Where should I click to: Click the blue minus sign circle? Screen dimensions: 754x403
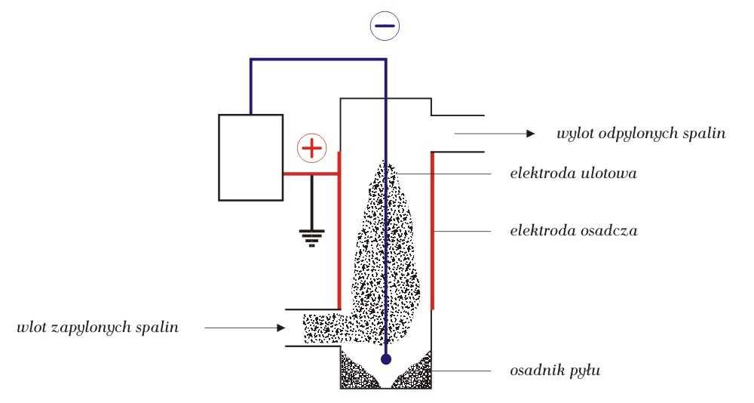385,27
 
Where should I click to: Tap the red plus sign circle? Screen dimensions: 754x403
310,149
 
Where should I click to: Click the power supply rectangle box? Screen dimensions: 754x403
250,157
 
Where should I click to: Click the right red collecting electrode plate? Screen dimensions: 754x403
432,230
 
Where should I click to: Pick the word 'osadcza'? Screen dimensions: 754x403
609,231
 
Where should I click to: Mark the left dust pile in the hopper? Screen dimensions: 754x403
357,371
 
